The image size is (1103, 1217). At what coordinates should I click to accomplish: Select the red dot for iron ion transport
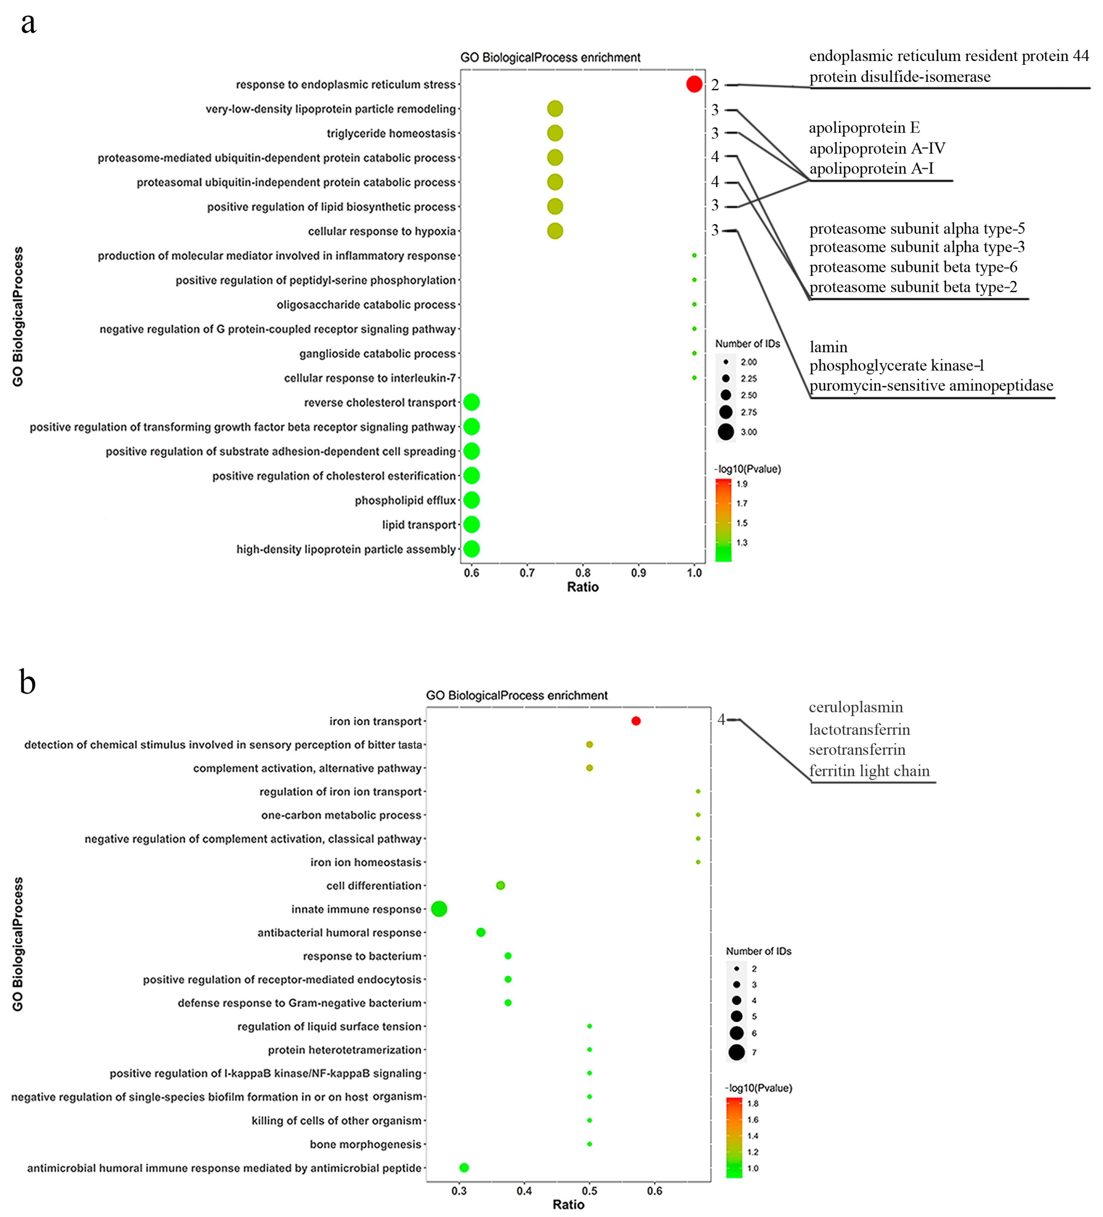click(x=636, y=721)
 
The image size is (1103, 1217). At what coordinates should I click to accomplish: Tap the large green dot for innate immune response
click(x=439, y=909)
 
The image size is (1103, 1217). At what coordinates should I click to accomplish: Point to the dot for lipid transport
click(x=472, y=525)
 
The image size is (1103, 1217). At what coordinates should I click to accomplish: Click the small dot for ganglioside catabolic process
click(x=694, y=353)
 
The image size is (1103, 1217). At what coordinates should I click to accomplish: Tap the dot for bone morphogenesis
click(x=589, y=1144)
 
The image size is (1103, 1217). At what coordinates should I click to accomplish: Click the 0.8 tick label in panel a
click(x=583, y=572)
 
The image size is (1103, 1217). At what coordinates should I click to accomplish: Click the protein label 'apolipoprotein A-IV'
click(x=876, y=149)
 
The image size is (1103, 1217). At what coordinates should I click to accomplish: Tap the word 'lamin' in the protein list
click(x=828, y=347)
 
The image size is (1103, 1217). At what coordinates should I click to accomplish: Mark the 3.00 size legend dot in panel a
click(x=726, y=432)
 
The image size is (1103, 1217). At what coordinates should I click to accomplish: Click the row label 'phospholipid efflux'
click(x=405, y=500)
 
